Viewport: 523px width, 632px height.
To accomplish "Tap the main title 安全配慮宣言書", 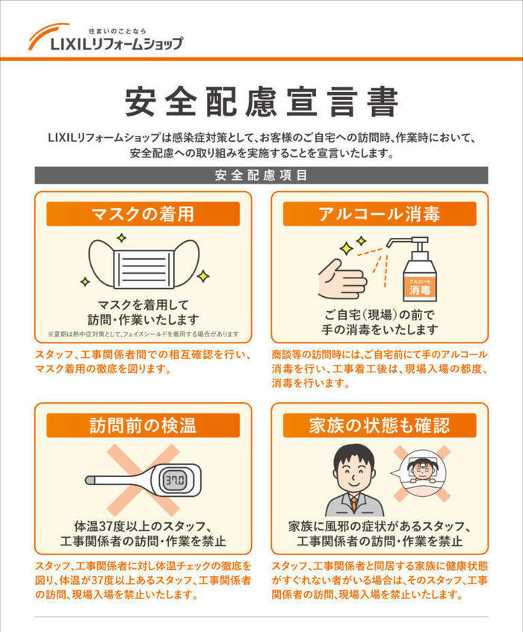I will (261, 101).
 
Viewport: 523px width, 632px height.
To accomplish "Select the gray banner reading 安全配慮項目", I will (261, 176).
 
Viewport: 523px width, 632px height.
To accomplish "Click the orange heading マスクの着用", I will (143, 214).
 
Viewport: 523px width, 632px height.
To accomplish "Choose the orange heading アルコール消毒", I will (380, 214).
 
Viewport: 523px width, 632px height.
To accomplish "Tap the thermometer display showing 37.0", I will (176, 478).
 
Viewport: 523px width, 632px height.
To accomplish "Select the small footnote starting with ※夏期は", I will (143, 334).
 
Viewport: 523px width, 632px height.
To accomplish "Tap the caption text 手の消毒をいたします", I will (380, 329).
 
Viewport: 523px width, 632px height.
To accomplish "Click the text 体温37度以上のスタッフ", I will (143, 525).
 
